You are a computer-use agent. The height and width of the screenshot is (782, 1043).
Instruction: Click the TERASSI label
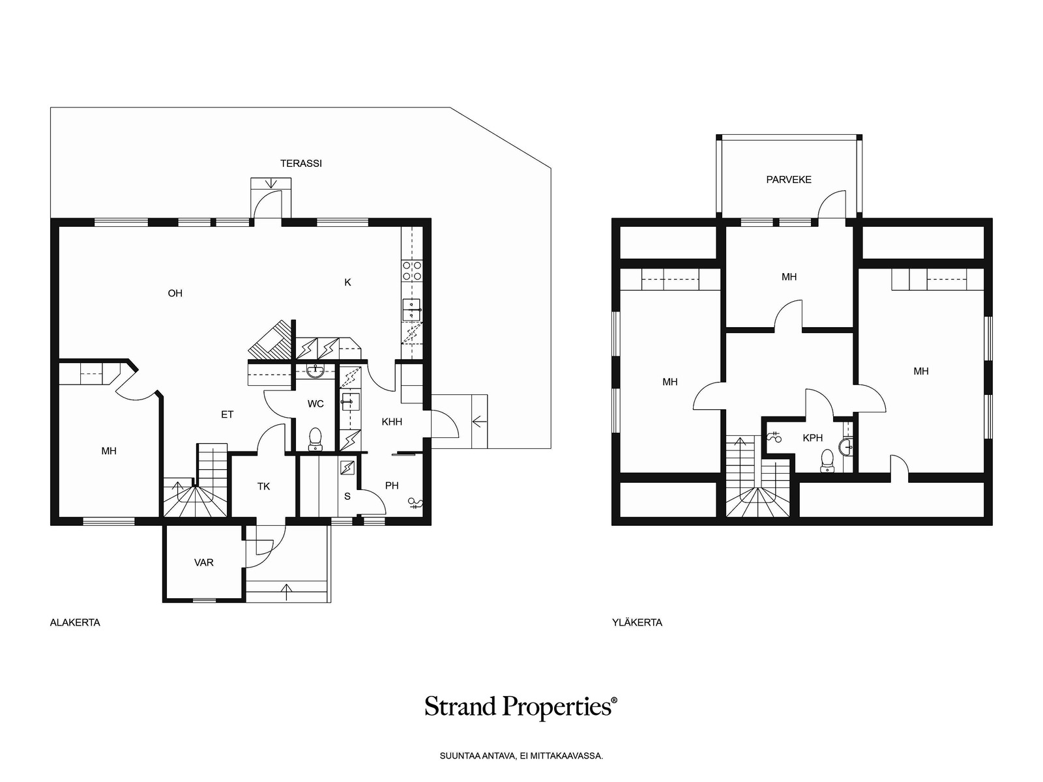[301, 164]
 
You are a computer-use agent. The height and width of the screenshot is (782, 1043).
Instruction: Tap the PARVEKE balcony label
[788, 179]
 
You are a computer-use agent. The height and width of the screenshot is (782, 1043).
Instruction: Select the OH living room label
[175, 293]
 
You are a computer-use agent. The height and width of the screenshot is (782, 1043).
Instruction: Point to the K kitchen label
[347, 283]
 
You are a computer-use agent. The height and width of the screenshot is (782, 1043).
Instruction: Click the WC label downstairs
[316, 403]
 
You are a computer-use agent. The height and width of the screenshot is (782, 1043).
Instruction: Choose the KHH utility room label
[392, 422]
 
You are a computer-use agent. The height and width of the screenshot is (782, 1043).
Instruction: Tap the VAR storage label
[203, 562]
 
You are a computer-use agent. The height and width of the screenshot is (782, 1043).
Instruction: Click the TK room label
[263, 486]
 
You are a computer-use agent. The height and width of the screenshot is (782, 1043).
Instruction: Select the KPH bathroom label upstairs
[812, 438]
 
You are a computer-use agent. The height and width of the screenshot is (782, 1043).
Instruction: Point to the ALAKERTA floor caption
[75, 622]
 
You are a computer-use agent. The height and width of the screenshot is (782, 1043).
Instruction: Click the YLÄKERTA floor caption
[637, 622]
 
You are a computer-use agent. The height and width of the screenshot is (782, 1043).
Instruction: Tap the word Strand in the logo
[460, 706]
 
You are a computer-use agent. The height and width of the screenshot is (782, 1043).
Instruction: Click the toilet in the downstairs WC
[315, 439]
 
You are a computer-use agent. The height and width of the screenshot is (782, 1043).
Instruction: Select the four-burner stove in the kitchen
[411, 270]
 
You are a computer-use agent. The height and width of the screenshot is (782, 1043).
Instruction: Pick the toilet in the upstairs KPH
[827, 461]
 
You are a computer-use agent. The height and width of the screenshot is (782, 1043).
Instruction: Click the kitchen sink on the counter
[411, 310]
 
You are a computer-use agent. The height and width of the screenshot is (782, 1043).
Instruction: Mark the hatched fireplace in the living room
[269, 340]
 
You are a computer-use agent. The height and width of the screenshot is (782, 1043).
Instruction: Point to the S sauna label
[347, 497]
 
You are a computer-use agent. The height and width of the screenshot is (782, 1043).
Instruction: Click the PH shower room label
[392, 485]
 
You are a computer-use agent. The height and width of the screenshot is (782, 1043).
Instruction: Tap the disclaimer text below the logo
[521, 755]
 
